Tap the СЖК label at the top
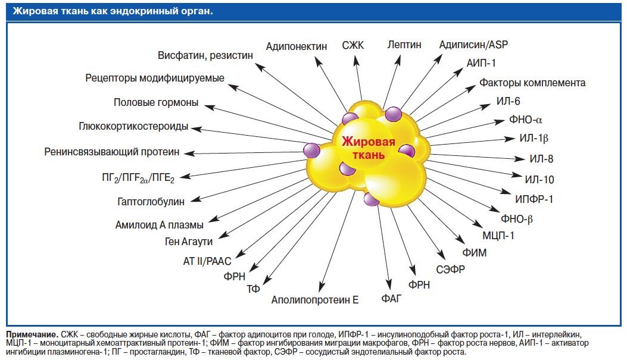tap(353, 45)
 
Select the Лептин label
tap(404, 45)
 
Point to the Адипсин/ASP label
tap(473, 45)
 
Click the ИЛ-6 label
tap(508, 101)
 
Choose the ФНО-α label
tap(526, 120)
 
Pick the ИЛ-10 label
tap(539, 180)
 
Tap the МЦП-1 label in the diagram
tap(498, 236)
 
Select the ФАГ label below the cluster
tap(392, 297)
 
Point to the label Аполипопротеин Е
tap(314, 300)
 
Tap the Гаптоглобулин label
tap(151, 202)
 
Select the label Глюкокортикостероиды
tap(133, 127)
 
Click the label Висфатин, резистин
tap(205, 55)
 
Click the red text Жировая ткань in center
tap(368, 149)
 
